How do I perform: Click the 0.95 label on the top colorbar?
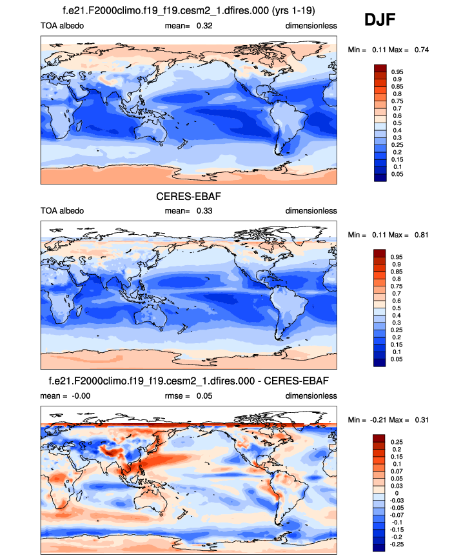click(399, 72)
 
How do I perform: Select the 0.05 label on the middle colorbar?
click(399, 359)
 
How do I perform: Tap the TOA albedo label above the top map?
click(62, 26)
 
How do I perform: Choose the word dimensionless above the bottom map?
click(311, 395)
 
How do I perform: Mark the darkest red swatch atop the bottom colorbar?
click(379, 439)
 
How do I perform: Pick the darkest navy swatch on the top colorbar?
click(379, 178)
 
